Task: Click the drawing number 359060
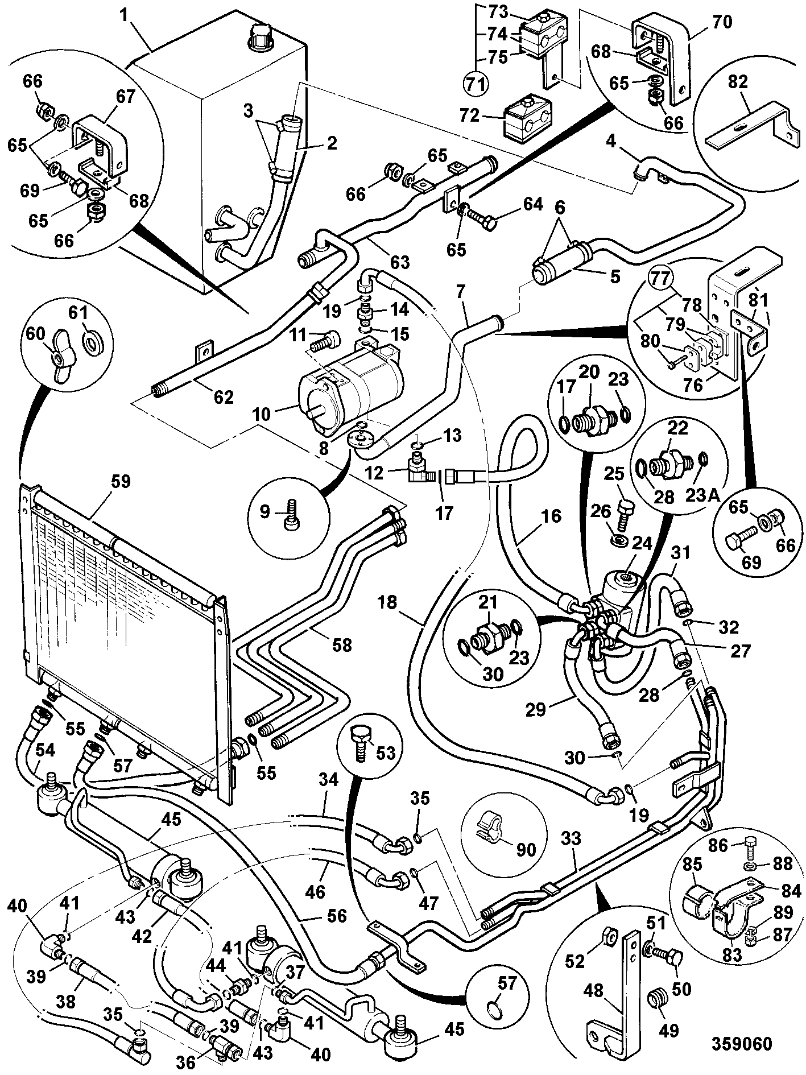[742, 1044]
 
